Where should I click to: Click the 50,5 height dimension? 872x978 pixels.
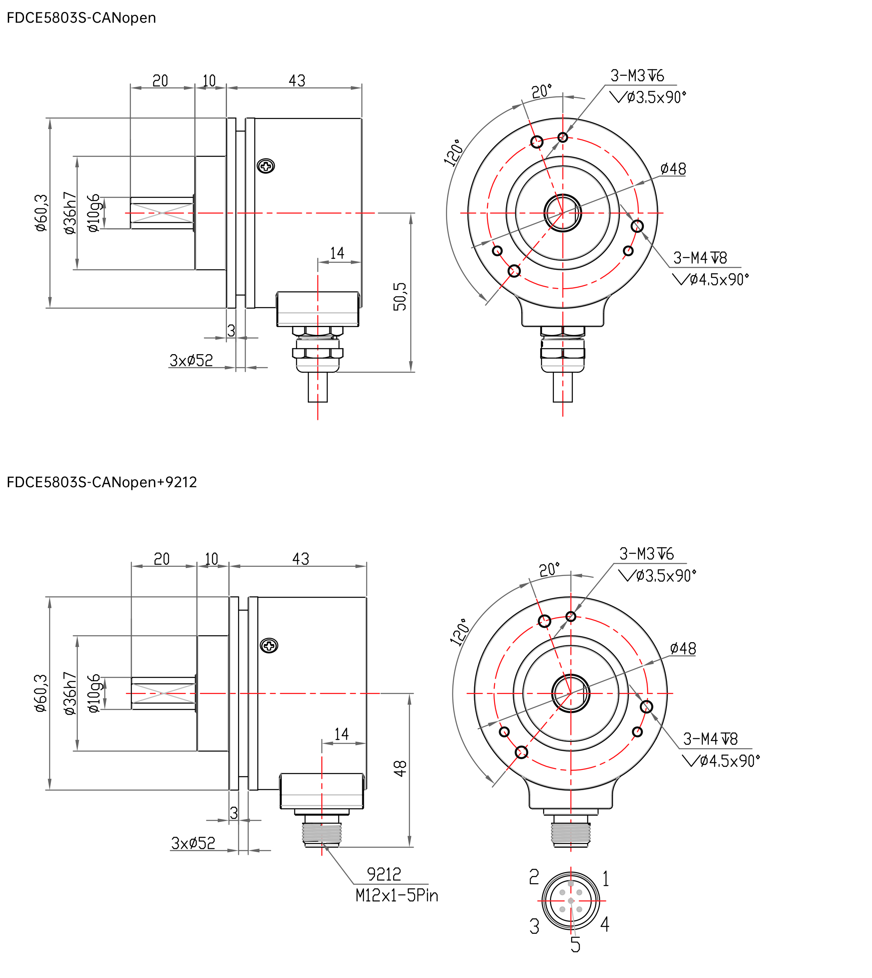pyautogui.click(x=400, y=296)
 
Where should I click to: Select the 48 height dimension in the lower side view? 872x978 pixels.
pyautogui.click(x=400, y=768)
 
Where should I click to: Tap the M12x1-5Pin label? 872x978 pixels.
pyautogui.click(x=397, y=896)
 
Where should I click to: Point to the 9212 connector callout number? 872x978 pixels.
pyautogui.click(x=384, y=874)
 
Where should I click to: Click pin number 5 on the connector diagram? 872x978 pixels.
pyautogui.click(x=575, y=945)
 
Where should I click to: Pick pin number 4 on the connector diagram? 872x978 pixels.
pyautogui.click(x=605, y=924)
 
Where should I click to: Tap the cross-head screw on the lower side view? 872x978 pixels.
pyautogui.click(x=269, y=646)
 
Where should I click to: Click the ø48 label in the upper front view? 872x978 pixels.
pyautogui.click(x=673, y=169)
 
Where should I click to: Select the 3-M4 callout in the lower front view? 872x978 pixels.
pyautogui.click(x=710, y=739)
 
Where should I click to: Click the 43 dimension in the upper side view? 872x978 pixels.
pyautogui.click(x=297, y=80)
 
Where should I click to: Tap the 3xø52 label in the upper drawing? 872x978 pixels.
pyautogui.click(x=191, y=360)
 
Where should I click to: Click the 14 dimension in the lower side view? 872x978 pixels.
pyautogui.click(x=342, y=734)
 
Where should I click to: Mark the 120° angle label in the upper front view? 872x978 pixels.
pyautogui.click(x=454, y=153)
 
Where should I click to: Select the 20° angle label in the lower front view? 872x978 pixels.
pyautogui.click(x=549, y=570)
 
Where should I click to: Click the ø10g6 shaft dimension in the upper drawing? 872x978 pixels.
pyautogui.click(x=94, y=212)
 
